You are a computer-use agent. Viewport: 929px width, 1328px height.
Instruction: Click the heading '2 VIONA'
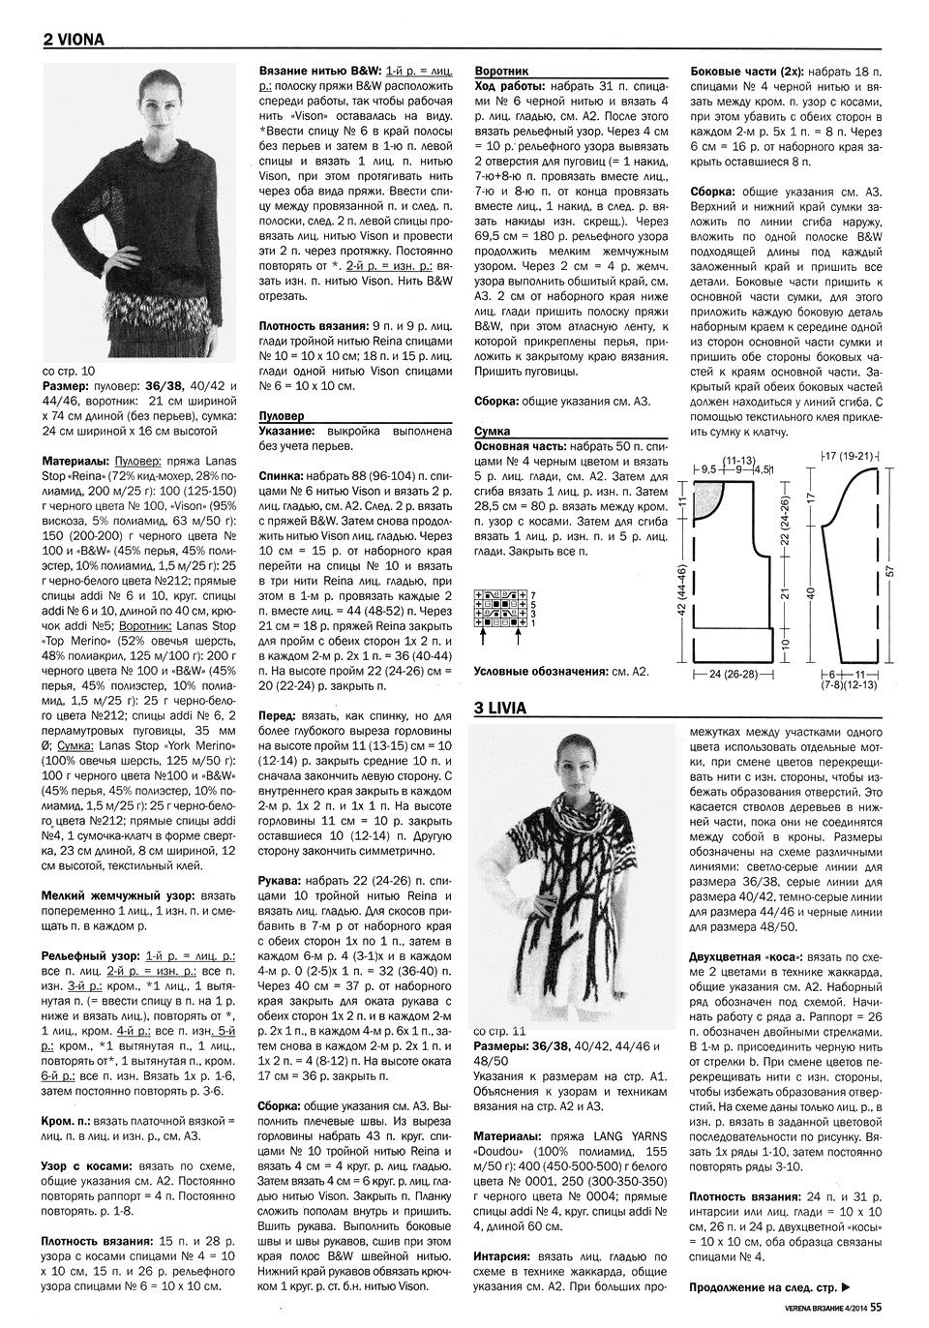[x=74, y=40]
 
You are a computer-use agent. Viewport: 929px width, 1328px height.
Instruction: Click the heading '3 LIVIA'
[x=500, y=708]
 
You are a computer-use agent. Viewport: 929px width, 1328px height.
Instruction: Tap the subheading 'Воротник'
[x=501, y=71]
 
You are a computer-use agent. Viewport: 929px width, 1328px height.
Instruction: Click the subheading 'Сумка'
[x=493, y=431]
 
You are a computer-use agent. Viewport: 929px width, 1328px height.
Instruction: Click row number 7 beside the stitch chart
[x=533, y=592]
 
